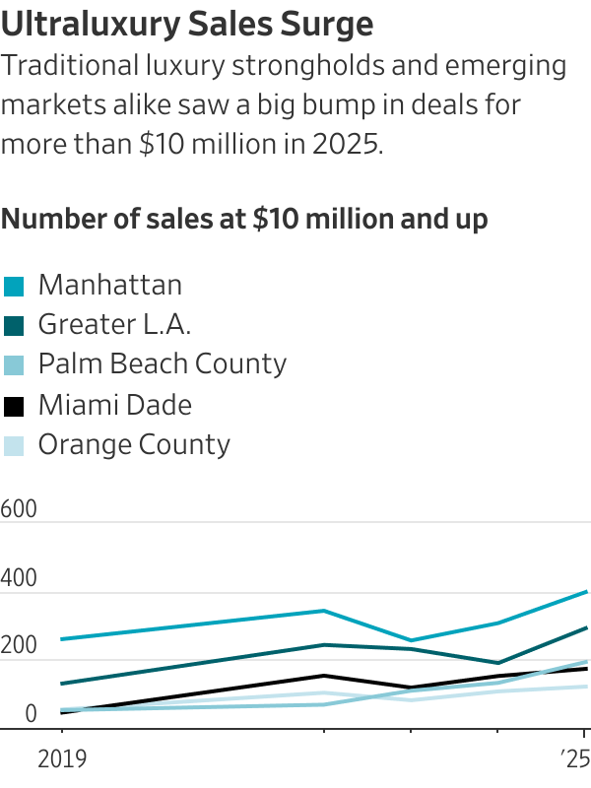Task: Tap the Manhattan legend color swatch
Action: (x=14, y=287)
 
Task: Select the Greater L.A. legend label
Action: (x=114, y=325)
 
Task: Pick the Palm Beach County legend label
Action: (x=162, y=364)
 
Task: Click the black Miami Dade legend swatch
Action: (x=14, y=406)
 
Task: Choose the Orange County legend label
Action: (x=134, y=444)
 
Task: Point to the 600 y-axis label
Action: (x=19, y=509)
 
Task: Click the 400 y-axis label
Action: (x=19, y=579)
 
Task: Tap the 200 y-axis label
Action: (x=19, y=647)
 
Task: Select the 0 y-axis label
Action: (x=31, y=714)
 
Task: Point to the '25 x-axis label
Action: (x=573, y=759)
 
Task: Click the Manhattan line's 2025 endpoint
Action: (x=587, y=592)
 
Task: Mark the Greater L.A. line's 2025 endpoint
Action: (x=587, y=627)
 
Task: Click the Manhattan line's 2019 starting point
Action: (x=61, y=639)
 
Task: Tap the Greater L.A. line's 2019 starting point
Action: (x=61, y=684)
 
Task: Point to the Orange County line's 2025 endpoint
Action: (x=587, y=687)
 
